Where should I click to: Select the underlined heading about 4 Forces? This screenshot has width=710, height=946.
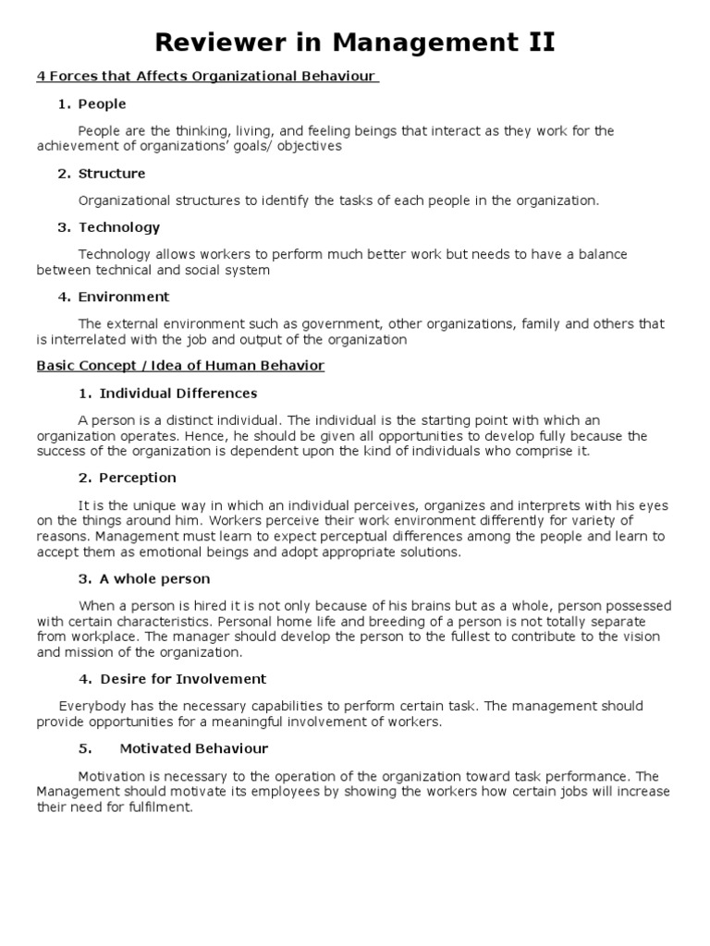207,77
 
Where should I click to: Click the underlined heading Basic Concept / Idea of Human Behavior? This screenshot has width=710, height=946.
180,366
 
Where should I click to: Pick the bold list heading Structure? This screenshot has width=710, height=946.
112,174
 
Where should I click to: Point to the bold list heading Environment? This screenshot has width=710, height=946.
124,297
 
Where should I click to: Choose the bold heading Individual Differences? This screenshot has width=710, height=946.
178,394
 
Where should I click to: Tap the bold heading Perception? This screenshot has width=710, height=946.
138,479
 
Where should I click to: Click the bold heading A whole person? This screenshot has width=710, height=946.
155,579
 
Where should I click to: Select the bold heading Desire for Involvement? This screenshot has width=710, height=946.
183,679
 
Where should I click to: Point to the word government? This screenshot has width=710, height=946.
341,324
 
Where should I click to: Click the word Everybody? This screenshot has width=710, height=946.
89,707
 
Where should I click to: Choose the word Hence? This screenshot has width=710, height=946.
186,436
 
